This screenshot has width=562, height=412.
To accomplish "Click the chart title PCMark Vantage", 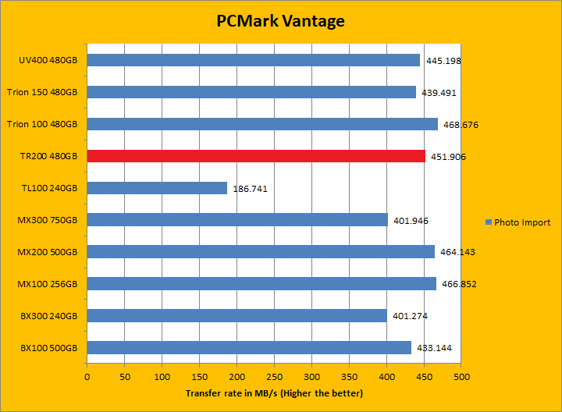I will [280, 21].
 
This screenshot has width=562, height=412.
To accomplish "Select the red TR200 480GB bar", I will [256, 156].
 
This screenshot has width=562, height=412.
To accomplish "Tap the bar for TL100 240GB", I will [157, 188].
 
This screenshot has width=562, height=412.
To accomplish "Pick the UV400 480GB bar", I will [254, 60].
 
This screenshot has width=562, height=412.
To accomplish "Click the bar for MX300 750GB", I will [237, 220].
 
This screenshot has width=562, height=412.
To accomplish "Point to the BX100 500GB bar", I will [249, 348].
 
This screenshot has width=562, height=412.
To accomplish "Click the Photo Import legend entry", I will [518, 222].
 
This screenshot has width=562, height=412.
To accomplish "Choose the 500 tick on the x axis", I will [461, 378].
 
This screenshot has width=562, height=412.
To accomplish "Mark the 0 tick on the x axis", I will [87, 378].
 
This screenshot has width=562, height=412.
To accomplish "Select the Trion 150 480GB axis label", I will [42, 92].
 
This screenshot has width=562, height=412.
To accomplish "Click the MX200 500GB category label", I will [48, 252].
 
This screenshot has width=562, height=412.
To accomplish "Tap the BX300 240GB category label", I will [48, 316].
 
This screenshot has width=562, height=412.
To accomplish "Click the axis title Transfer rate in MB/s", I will [274, 393].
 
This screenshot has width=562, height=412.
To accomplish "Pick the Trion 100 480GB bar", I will [262, 124].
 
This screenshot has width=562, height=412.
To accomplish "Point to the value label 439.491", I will [439, 93].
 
